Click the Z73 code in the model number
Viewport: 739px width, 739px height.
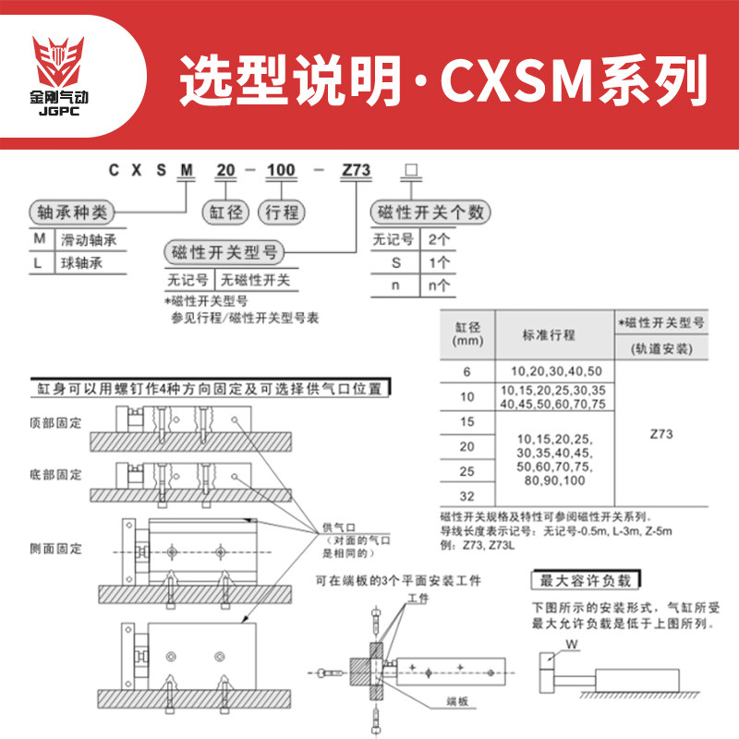pos(356,171)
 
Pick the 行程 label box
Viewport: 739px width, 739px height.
pos(281,212)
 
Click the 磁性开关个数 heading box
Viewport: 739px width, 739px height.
pos(428,212)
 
